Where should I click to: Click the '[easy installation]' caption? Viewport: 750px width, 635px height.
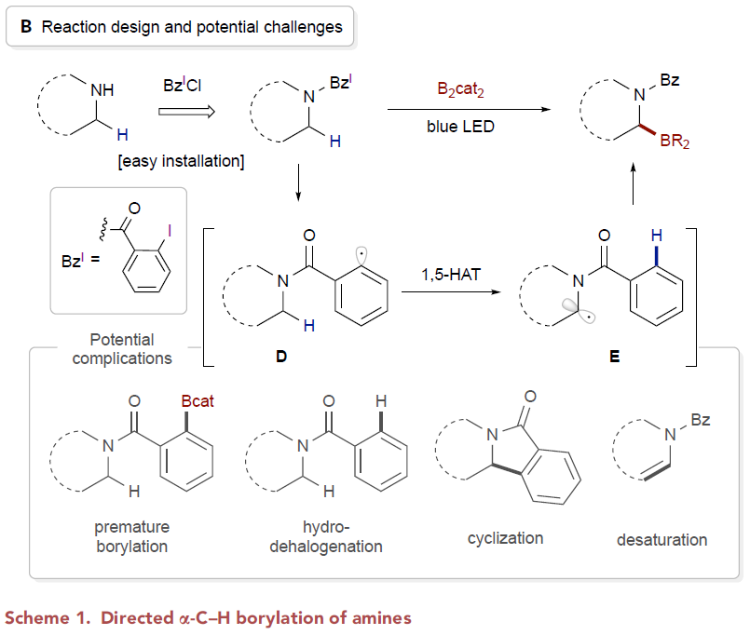click(180, 162)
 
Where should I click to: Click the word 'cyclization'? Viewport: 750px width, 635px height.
click(505, 537)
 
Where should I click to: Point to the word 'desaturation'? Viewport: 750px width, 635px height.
click(661, 539)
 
